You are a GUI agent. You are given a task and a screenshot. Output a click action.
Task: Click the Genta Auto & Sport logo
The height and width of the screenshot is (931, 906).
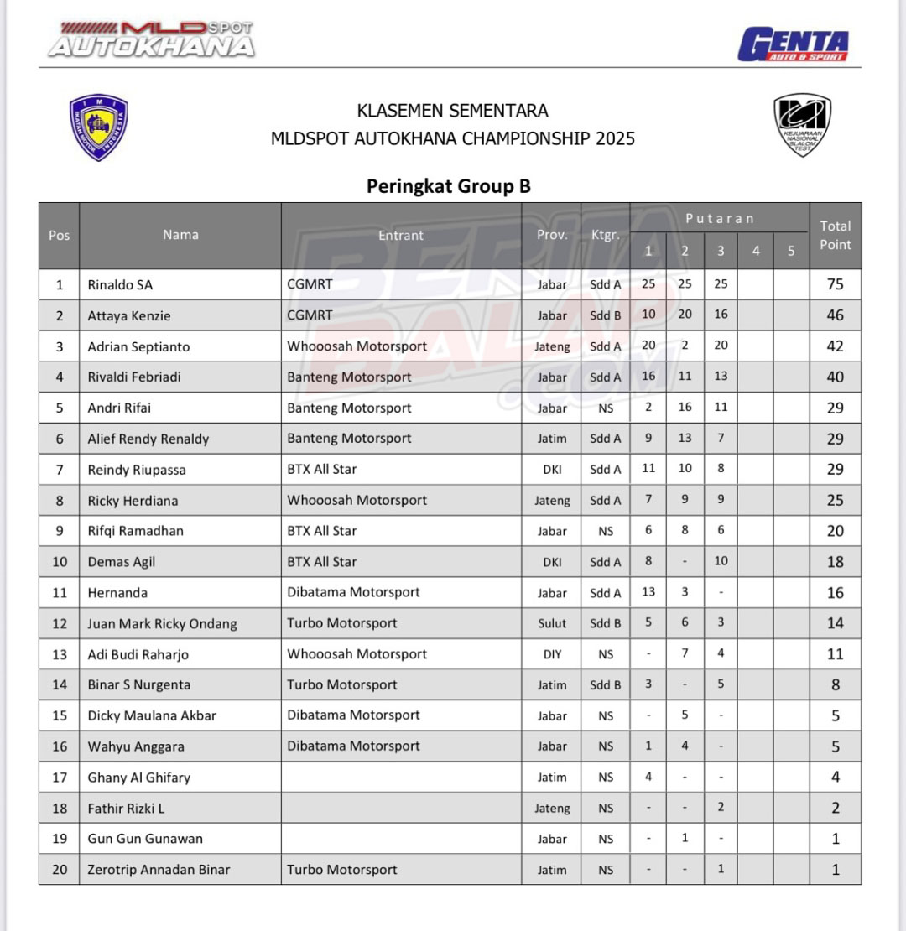tap(793, 44)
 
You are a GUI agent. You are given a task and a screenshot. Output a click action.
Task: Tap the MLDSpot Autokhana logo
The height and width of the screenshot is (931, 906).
tap(151, 39)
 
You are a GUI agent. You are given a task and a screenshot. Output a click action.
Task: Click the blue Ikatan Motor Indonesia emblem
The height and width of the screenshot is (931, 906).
tap(99, 127)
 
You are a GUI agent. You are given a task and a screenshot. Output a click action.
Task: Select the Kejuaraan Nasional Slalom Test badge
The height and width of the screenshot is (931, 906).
tap(802, 125)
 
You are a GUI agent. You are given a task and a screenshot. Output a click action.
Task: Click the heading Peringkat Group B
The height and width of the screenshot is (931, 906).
tap(448, 186)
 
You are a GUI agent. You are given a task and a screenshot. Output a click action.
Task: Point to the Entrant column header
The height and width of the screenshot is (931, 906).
tap(401, 236)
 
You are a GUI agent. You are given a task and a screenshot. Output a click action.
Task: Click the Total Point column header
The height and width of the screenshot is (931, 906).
tap(835, 236)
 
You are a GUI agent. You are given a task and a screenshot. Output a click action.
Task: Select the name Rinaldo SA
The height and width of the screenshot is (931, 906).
tap(120, 285)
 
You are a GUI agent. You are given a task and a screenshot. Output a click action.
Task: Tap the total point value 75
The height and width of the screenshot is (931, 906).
tap(835, 284)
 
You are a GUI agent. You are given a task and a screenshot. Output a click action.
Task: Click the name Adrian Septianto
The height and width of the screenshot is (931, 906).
tap(138, 346)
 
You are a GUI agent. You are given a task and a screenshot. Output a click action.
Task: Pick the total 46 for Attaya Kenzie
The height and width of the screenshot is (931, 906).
tap(835, 315)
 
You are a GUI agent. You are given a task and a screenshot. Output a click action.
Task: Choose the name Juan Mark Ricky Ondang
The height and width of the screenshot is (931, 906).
tap(162, 624)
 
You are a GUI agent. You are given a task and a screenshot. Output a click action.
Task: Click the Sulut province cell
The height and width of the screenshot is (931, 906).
tap(552, 624)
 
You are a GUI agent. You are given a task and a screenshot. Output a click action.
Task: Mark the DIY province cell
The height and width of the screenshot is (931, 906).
tap(552, 654)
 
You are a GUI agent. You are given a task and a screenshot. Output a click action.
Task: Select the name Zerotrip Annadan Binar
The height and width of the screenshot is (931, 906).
tap(159, 870)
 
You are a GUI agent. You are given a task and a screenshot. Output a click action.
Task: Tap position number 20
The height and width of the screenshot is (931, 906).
tap(60, 870)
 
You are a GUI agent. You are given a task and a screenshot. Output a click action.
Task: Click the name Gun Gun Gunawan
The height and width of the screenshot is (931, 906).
tap(145, 839)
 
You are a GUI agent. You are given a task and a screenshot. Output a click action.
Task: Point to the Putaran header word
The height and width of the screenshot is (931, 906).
tap(719, 219)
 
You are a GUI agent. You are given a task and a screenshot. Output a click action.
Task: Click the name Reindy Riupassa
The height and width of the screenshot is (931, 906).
tap(137, 470)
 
